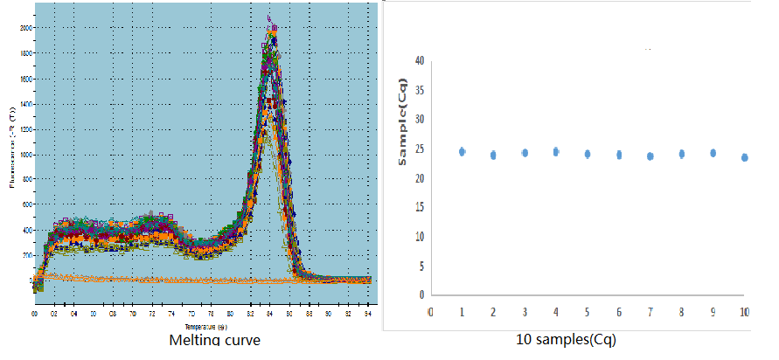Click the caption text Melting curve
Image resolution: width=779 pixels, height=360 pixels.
pyautogui.click(x=213, y=339)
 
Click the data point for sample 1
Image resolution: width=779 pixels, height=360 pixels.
pyautogui.click(x=462, y=151)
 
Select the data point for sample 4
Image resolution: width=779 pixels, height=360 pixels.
pyautogui.click(x=555, y=151)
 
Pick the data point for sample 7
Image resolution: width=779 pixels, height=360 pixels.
pyautogui.click(x=650, y=156)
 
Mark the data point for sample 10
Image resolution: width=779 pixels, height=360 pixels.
pyautogui.click(x=744, y=157)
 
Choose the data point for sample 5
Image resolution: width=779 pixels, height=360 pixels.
pyautogui.click(x=588, y=154)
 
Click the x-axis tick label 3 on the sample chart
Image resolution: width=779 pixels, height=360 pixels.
pyautogui.click(x=525, y=311)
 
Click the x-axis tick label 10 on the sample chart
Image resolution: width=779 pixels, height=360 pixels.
pyautogui.click(x=744, y=311)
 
